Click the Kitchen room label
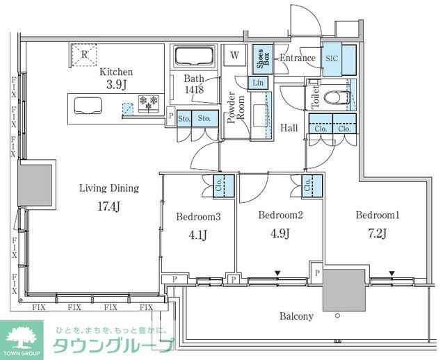point(116,72)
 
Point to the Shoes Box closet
point(264,59)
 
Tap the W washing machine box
point(235,56)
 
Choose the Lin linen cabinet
point(258,83)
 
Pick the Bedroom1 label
point(375,215)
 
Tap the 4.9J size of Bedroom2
point(278,231)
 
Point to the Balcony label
point(296,316)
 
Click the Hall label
point(290,128)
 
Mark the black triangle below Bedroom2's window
point(277,272)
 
